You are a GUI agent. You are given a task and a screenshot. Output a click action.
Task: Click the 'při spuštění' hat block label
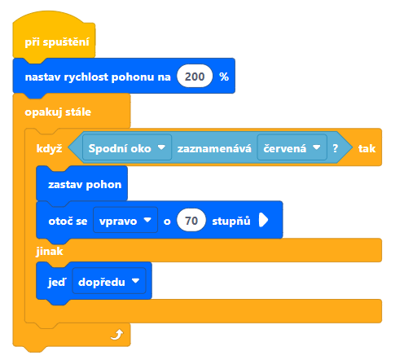pos(57,42)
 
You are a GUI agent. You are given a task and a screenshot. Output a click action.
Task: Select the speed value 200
pos(195,77)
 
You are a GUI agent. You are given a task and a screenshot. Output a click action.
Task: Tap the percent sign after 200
pos(224,77)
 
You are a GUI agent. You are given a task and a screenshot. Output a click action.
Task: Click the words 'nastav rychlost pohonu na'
pos(98,77)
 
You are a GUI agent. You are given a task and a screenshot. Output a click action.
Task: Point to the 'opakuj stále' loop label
pos(58,112)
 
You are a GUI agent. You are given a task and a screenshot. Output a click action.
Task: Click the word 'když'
pos(49,148)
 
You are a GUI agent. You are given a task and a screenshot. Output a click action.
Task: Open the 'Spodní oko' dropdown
pos(127,148)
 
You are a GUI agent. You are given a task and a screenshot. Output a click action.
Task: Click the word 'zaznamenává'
pos(214,148)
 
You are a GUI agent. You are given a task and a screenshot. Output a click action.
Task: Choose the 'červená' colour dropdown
pos(292,148)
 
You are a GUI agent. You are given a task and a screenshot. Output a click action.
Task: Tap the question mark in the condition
pos(336,148)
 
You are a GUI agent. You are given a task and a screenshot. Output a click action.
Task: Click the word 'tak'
pos(367,148)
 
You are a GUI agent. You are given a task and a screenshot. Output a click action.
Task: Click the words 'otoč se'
pos(68,221)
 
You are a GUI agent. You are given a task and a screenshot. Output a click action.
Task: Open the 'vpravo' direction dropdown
pos(125,221)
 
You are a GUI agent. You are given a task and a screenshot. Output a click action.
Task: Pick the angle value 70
pos(191,221)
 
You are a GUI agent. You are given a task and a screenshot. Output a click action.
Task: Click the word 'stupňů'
pos(231,221)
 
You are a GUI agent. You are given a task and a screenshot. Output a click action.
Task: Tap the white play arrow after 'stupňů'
pos(263,220)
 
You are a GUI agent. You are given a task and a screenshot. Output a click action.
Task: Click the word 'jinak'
pos(50,252)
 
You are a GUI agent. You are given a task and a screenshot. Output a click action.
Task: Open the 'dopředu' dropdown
pos(109,281)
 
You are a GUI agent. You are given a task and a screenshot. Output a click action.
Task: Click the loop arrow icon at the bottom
pos(117,335)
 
